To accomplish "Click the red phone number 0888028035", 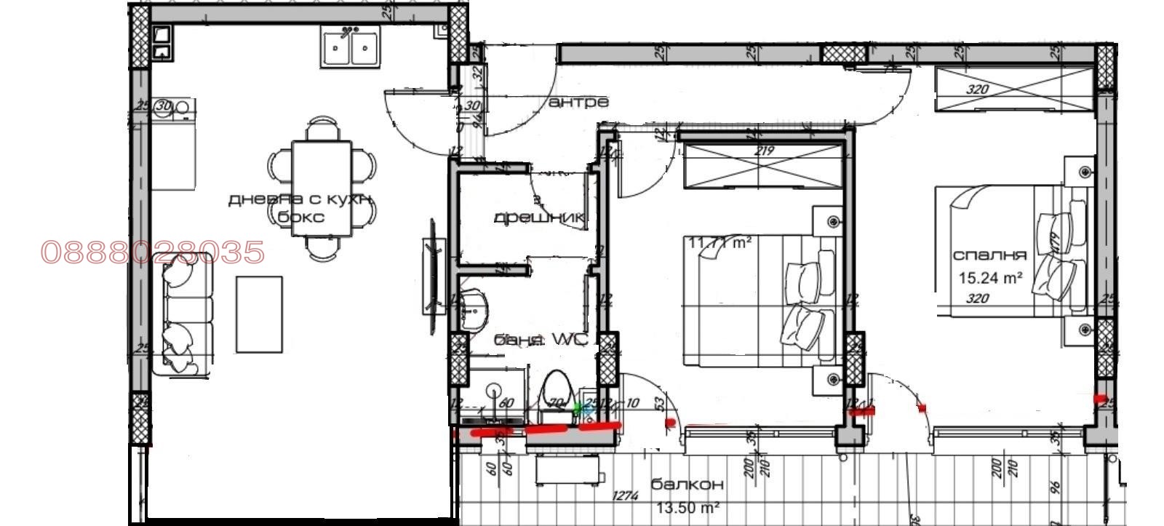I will coord(153,252).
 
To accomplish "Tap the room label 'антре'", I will coord(578,103).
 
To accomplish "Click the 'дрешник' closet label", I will coord(539,218).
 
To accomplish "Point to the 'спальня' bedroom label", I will coord(989,255).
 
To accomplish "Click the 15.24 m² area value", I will coord(990,277).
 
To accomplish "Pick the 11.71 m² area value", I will coord(720,242).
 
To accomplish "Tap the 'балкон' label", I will coord(687,485).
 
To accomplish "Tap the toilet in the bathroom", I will coord(557,393).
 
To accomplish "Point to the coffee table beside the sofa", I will coord(258,314).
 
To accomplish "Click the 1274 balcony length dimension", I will coord(626,496).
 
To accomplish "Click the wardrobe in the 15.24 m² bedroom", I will coord(1014,89).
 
